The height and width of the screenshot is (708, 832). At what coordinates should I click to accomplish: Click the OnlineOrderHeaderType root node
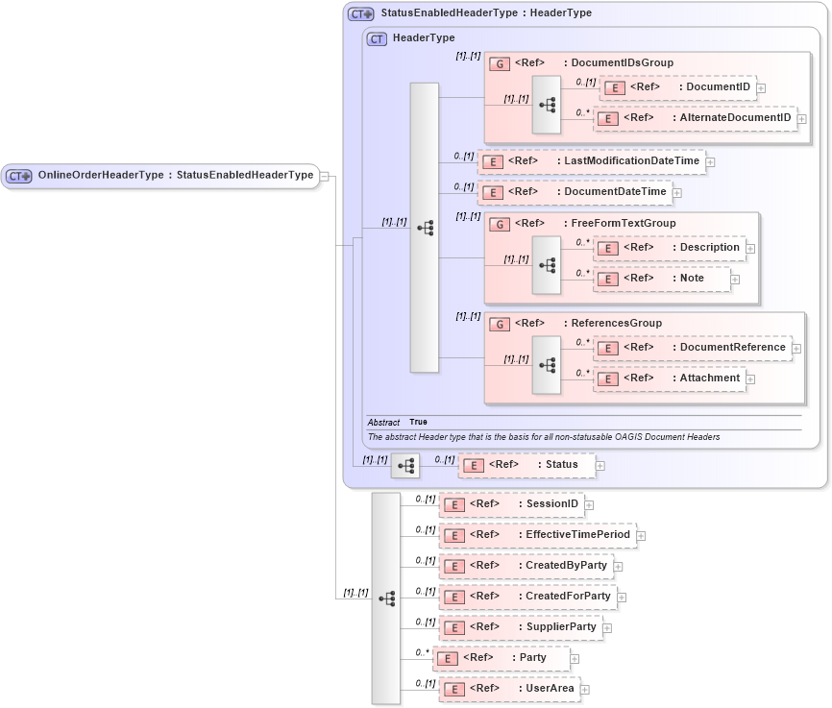tap(159, 176)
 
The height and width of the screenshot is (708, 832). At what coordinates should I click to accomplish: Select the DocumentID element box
tap(677, 87)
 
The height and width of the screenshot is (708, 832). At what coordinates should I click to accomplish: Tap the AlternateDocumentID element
tap(696, 118)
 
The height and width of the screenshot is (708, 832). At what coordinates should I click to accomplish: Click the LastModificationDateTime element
tap(591, 161)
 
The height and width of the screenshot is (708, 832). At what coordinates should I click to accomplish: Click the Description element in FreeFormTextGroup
tap(671, 248)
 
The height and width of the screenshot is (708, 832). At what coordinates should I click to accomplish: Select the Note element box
tap(661, 279)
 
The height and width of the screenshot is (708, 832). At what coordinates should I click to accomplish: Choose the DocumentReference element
tap(693, 348)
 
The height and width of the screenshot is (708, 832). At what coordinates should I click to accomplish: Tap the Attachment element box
tap(670, 378)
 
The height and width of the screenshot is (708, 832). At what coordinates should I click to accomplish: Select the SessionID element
tap(511, 504)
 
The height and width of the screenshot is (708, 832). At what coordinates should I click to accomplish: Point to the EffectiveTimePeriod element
tap(537, 535)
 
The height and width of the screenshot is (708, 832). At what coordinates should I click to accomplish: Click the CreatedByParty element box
tap(526, 566)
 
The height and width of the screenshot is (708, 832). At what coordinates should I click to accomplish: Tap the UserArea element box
tap(509, 689)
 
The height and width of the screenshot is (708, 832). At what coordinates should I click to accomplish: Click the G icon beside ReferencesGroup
tap(500, 324)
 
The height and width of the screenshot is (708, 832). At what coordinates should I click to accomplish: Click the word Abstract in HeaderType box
tap(383, 422)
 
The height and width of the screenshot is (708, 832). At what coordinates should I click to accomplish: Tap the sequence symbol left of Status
tap(405, 466)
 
